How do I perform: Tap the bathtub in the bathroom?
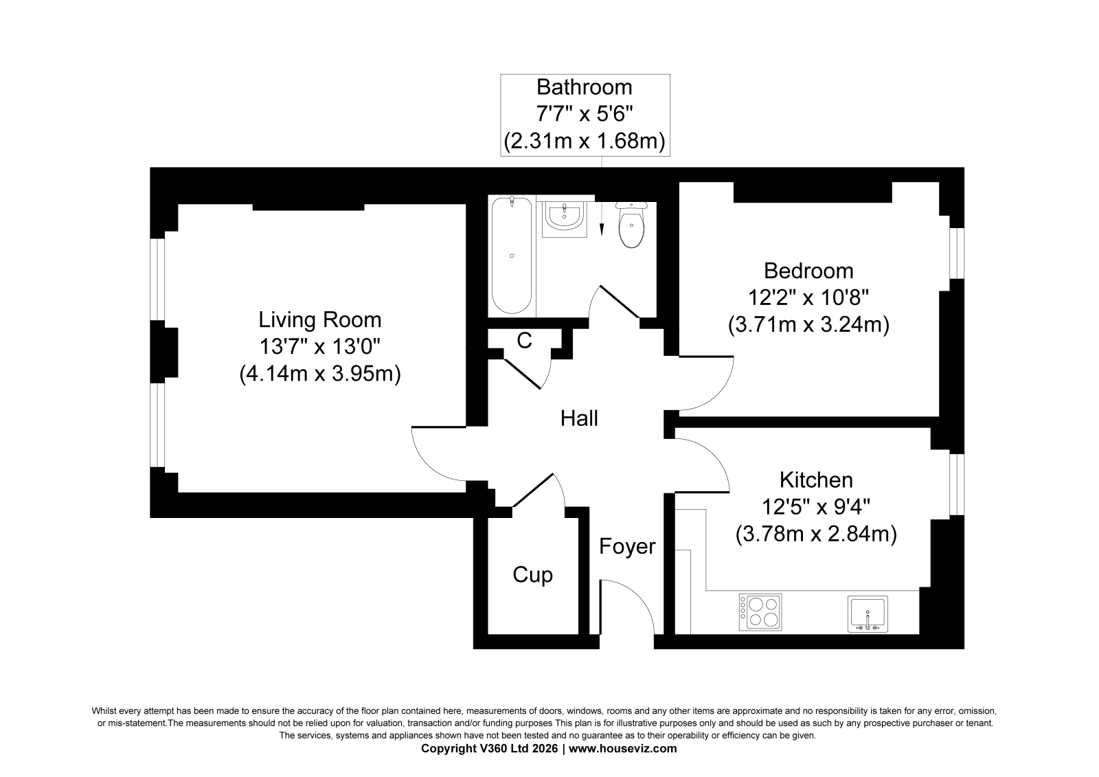512,256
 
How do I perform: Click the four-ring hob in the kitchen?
760,612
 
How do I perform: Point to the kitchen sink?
868,613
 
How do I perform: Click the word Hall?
579,418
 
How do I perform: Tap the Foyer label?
627,546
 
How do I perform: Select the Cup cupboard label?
532,575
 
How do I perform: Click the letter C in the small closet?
525,340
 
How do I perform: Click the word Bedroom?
808,271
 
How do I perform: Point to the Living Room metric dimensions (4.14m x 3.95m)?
320,374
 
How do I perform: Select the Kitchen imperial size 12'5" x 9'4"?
816,506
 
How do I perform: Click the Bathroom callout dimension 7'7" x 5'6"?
585,114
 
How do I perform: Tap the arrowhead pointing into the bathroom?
602,230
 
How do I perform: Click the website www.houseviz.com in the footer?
622,749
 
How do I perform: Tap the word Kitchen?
816,480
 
